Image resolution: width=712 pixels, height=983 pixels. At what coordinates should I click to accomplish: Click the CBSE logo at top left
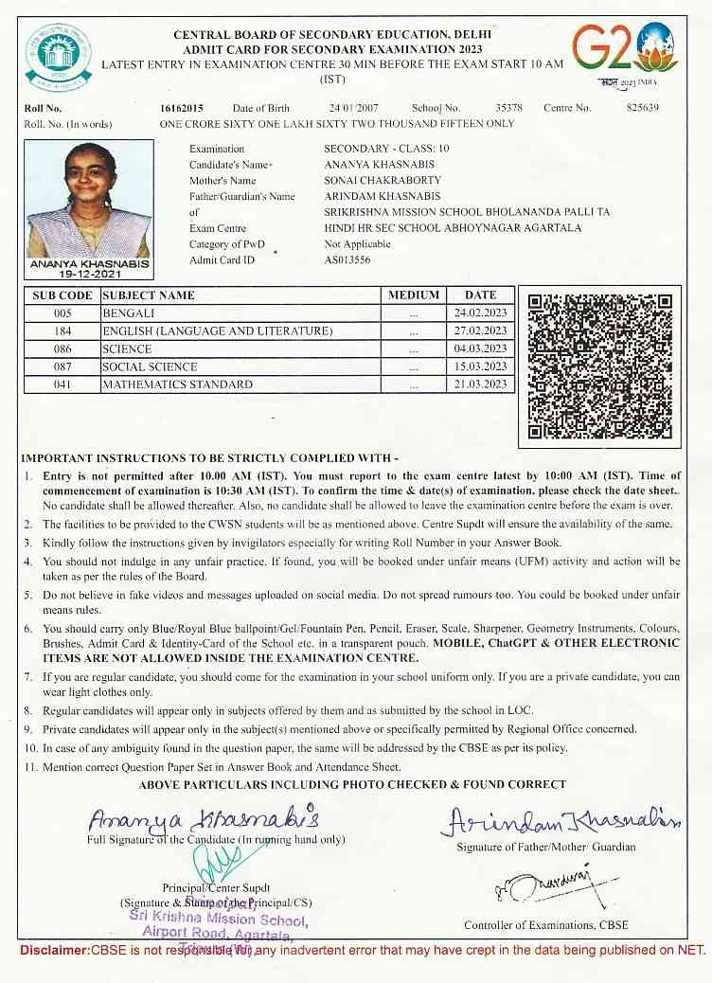[x=51, y=50]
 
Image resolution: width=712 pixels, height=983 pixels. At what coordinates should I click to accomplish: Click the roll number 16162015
[x=182, y=108]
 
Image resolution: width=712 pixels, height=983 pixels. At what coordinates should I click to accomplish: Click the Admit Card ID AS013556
[x=347, y=259]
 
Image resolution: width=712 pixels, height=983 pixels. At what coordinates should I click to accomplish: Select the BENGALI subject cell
[x=129, y=313]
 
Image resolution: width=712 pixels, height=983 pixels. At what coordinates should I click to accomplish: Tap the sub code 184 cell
[x=62, y=331]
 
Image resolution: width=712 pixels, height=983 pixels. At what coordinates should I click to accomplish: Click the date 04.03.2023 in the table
[x=480, y=349]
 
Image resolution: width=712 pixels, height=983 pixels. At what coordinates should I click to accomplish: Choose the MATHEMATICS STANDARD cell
[x=177, y=384]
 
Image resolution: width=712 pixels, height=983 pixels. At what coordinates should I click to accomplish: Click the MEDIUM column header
[x=414, y=295]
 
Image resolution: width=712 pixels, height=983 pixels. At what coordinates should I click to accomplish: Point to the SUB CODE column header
[x=62, y=295]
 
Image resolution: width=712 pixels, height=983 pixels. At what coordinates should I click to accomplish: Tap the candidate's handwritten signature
[x=205, y=818]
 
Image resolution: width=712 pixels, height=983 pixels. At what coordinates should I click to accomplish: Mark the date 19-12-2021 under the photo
[x=90, y=273]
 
